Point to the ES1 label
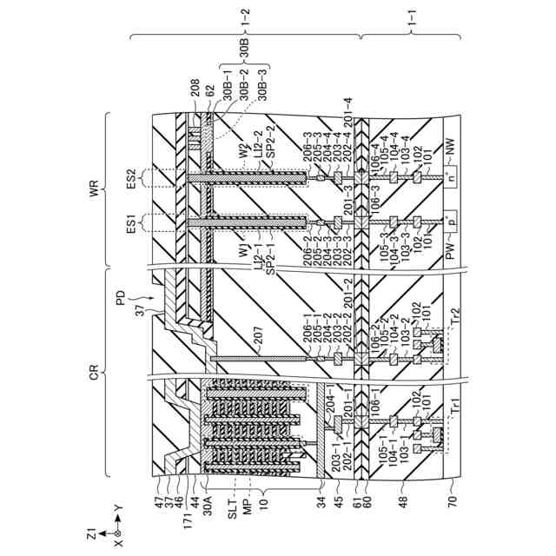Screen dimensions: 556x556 click(133, 225)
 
